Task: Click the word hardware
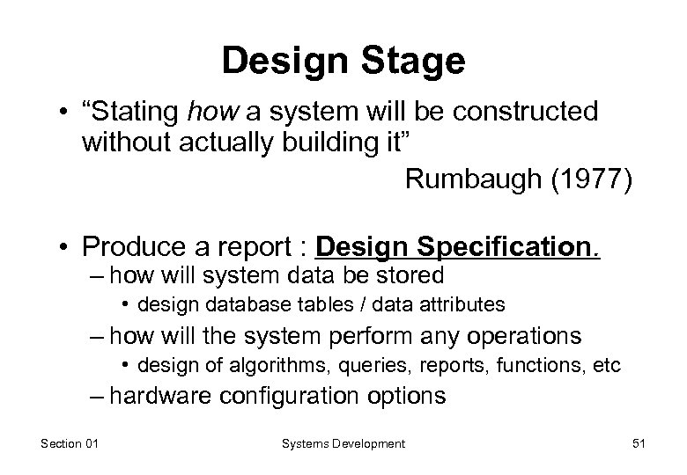coord(160,396)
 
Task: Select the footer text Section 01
coord(70,444)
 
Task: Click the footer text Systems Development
coord(343,444)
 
